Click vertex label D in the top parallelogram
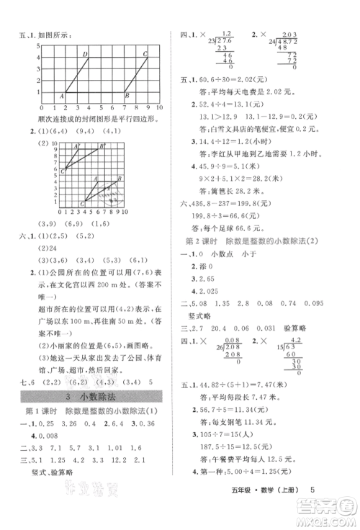tap(86, 54)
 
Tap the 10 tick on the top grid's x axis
tap(159, 107)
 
